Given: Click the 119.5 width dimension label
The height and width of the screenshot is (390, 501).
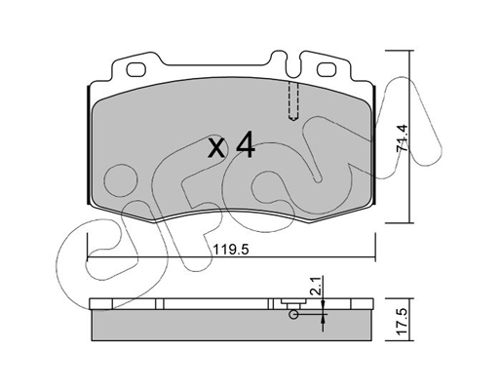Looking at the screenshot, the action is [231, 250].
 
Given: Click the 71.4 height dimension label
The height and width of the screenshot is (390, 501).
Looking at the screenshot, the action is [403, 137].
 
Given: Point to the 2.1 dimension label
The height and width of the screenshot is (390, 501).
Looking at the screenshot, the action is [317, 286].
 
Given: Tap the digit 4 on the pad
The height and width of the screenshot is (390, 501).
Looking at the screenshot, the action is [246, 144].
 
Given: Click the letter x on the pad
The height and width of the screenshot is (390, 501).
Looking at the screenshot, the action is [216, 148].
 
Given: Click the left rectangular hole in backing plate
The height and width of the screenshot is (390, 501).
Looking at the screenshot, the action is [135, 69].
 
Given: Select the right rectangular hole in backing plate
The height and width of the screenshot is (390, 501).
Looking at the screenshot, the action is [326, 69].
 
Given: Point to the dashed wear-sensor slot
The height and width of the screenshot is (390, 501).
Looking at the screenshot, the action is [293, 101].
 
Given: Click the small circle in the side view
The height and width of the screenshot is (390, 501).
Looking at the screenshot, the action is [294, 314].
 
